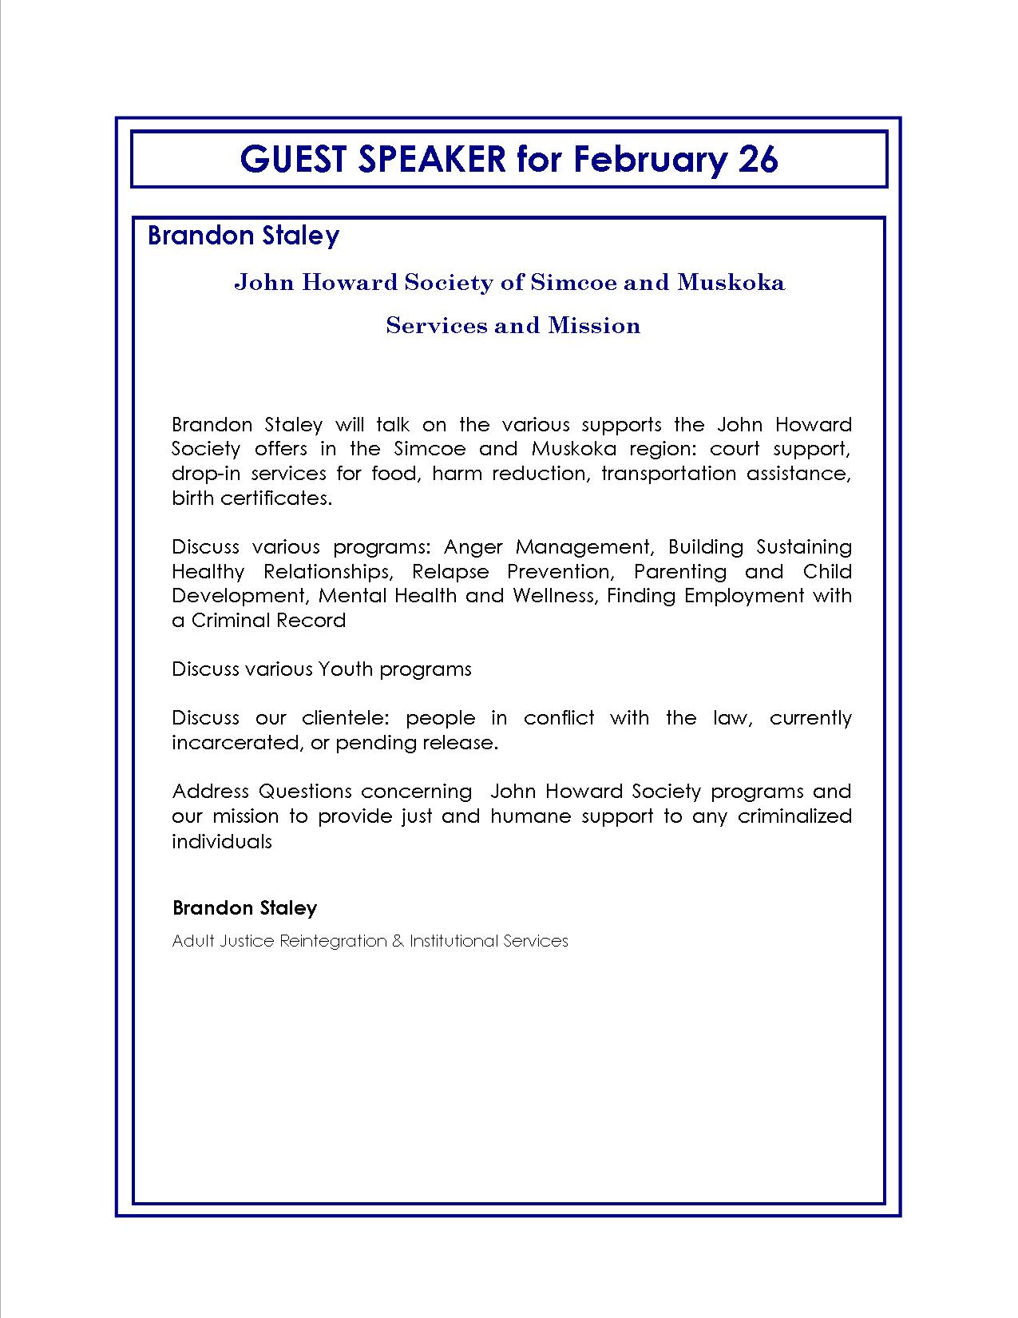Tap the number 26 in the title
[758, 160]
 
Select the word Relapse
[450, 572]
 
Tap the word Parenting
[680, 572]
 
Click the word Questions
[305, 792]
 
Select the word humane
[531, 816]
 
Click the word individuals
[222, 841]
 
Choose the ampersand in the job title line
[398, 941]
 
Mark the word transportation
[668, 474]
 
